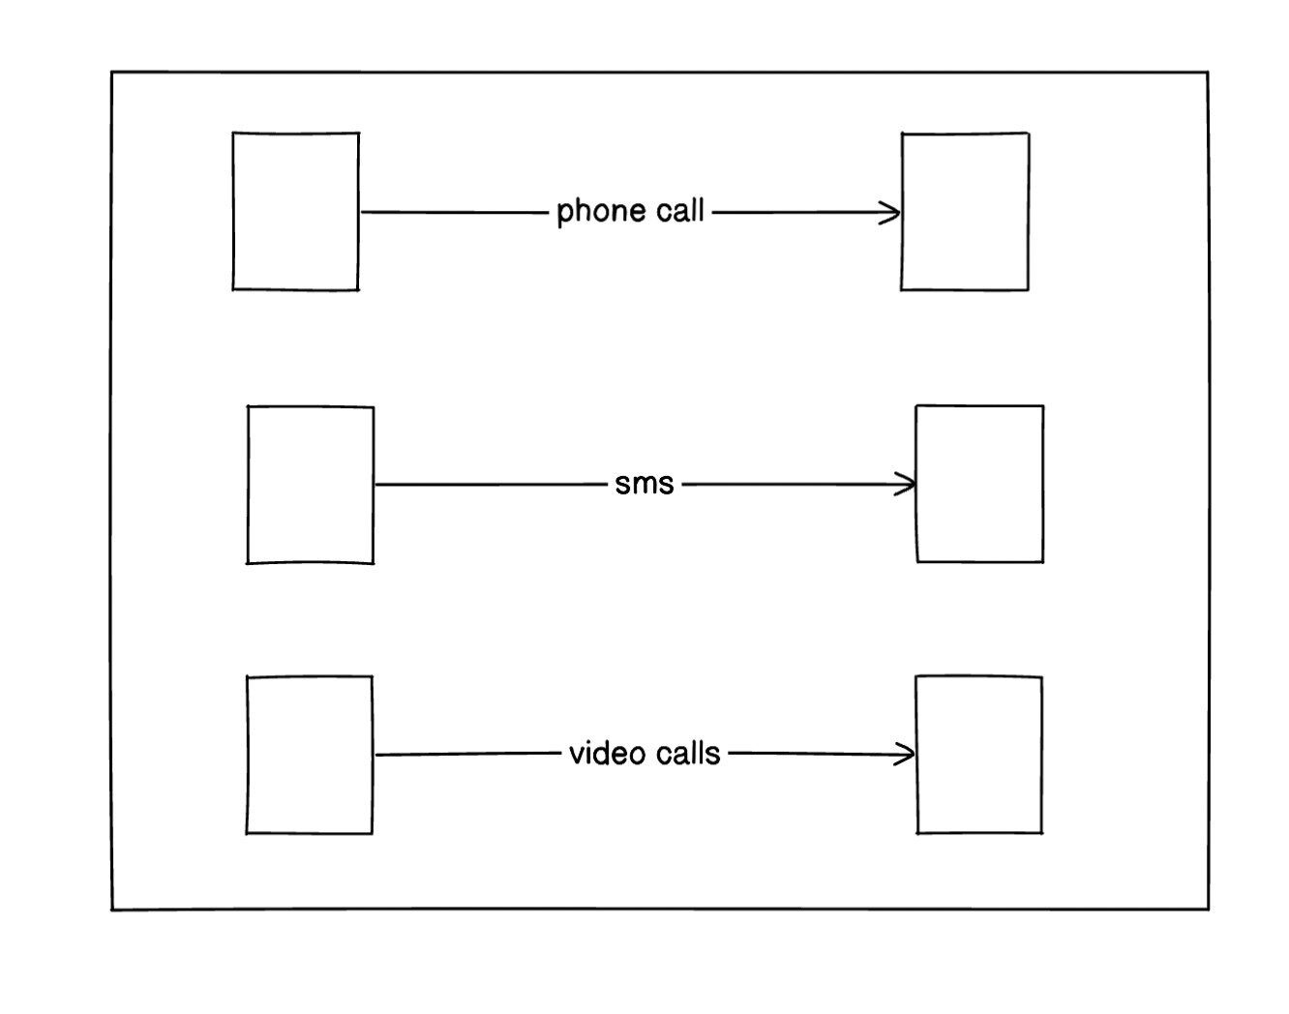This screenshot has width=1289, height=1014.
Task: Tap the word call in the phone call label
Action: tap(680, 210)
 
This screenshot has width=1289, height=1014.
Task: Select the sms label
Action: tap(644, 483)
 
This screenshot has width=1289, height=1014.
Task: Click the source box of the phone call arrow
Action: tap(296, 211)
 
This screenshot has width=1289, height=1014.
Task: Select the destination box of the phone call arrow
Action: tap(965, 211)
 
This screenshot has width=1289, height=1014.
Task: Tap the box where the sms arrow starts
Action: tap(311, 484)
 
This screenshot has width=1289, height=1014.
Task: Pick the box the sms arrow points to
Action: tap(979, 483)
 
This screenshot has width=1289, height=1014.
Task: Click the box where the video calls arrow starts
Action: tap(310, 754)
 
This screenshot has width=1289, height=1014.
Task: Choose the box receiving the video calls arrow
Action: tap(979, 754)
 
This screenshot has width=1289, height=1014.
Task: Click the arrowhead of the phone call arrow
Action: tap(891, 213)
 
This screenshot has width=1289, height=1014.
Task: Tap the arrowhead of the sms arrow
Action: tap(907, 484)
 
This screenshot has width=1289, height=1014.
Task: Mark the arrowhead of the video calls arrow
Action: tap(906, 754)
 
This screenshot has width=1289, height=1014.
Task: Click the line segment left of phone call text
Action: tap(455, 212)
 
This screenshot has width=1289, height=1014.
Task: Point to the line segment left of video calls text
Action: tap(469, 754)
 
